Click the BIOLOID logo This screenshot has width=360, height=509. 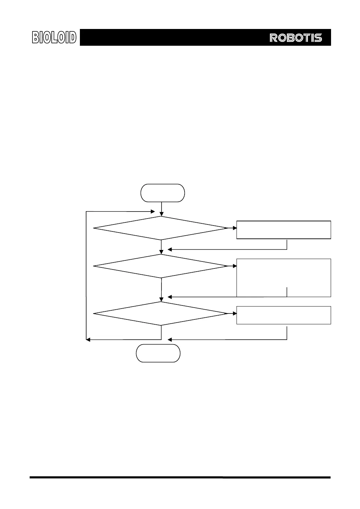click(x=54, y=37)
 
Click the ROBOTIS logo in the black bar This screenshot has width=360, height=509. click(x=296, y=38)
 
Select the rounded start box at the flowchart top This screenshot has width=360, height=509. click(x=163, y=193)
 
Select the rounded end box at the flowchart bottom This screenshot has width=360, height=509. click(x=158, y=353)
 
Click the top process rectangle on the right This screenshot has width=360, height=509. click(x=284, y=230)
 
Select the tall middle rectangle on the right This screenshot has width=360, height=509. click(x=284, y=278)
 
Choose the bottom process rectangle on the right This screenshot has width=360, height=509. click(x=284, y=315)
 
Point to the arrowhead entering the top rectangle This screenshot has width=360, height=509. click(x=234, y=228)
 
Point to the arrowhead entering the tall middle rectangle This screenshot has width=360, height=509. click(x=234, y=266)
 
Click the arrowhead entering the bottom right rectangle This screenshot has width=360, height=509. click(x=234, y=313)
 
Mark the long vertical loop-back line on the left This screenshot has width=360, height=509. click(x=86, y=276)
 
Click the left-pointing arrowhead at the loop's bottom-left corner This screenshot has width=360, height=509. click(x=89, y=339)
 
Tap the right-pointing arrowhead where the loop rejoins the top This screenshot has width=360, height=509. click(x=152, y=212)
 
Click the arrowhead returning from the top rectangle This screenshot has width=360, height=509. click(x=170, y=250)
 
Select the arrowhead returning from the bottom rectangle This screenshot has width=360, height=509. click(x=170, y=339)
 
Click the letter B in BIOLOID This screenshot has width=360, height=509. click(x=36, y=37)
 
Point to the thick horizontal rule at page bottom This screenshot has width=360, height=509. click(x=180, y=477)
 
